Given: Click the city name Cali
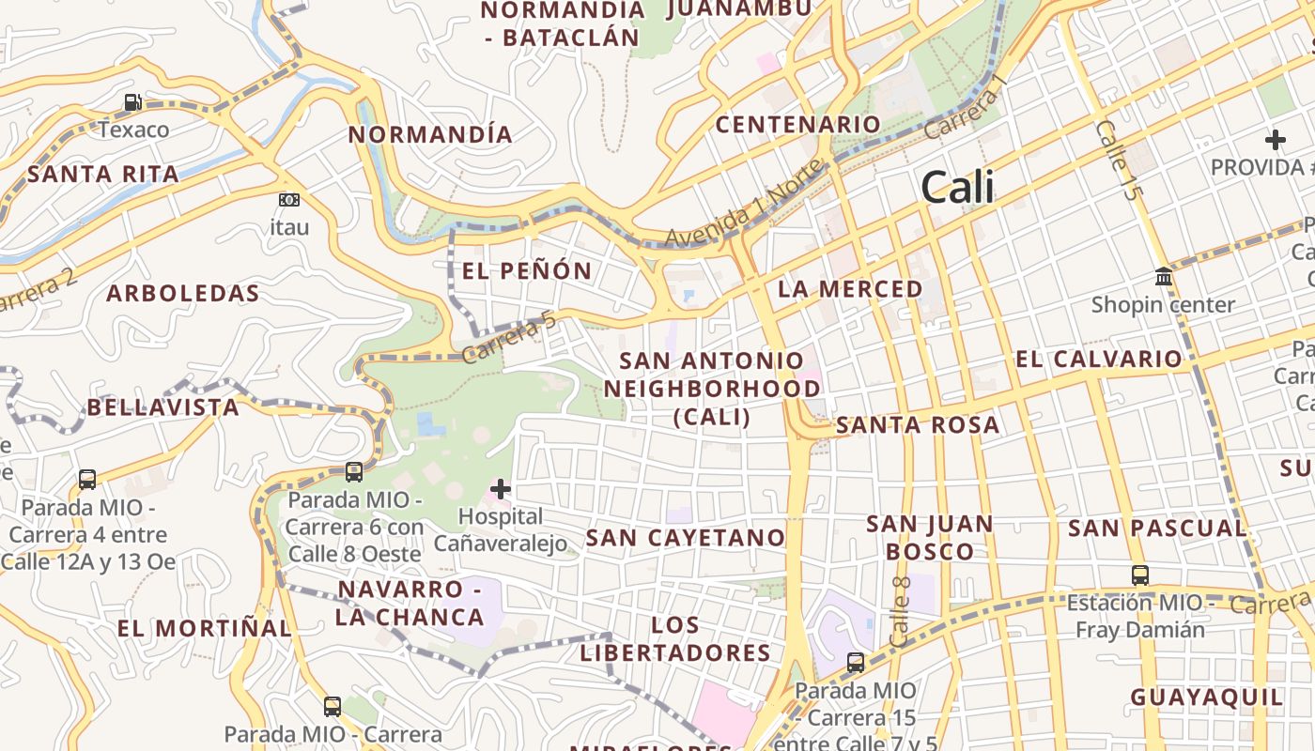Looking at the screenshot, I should point(957,188).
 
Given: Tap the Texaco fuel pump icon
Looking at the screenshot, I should point(133,102).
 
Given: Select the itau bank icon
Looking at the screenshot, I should point(289,200).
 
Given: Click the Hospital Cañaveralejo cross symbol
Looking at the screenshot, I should point(501,489).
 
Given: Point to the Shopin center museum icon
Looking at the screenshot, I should point(1164,277).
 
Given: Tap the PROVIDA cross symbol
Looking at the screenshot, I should point(1275,140).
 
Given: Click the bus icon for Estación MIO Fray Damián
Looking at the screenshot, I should point(1139,575).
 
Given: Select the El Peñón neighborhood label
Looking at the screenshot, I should point(527,271).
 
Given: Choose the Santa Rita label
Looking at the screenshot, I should point(102,174).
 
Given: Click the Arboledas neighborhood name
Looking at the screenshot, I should point(182,293).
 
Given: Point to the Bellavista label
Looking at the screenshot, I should point(163,407).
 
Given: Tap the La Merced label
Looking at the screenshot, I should point(850,289).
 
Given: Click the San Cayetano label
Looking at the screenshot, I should point(686,538).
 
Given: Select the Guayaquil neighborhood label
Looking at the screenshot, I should point(1206,697).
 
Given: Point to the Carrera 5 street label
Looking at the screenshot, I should point(508,339).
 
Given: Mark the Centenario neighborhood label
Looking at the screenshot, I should point(798,124).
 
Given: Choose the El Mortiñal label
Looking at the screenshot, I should point(204,628).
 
